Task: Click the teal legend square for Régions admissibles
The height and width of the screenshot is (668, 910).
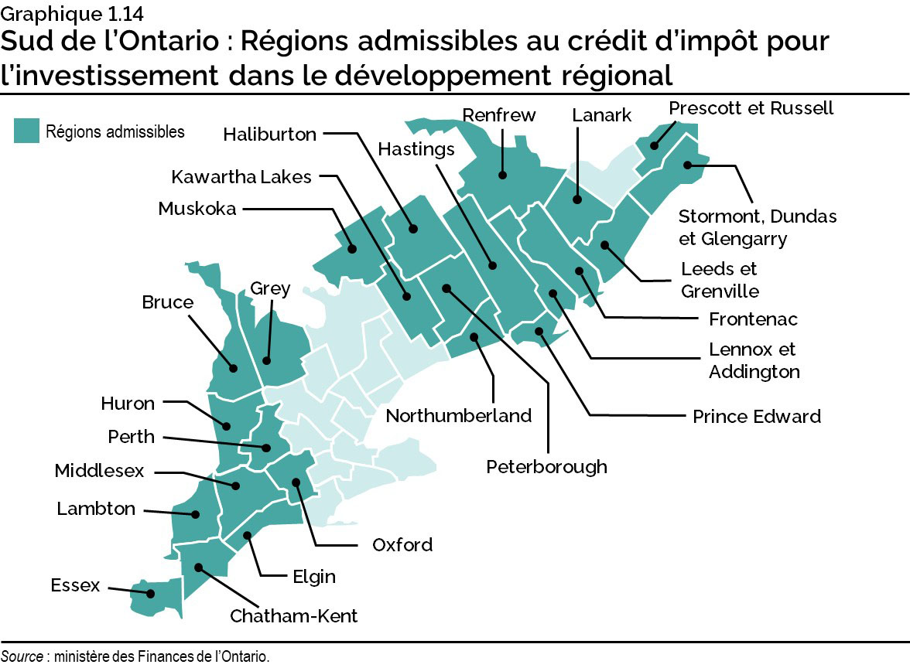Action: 26,131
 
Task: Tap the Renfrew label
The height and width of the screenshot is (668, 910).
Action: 498,116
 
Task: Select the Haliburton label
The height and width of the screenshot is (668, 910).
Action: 269,135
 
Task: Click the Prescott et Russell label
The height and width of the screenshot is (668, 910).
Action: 751,108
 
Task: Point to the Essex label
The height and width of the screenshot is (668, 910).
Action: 75,585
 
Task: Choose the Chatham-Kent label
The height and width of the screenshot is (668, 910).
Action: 293,616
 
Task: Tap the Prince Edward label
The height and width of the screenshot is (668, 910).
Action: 756,417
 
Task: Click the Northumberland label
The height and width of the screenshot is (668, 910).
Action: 458,416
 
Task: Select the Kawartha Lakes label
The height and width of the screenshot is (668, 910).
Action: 241,177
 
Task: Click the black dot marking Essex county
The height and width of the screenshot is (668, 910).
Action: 151,594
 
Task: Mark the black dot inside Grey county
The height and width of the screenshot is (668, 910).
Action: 266,360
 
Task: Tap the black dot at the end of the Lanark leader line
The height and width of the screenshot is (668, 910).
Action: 577,199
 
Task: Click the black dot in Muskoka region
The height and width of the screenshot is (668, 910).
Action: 352,249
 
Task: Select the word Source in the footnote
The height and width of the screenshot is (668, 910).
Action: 21,656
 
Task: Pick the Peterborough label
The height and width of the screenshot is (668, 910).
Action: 546,467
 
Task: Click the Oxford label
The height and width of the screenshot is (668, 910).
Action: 402,545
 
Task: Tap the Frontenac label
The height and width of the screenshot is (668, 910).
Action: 752,319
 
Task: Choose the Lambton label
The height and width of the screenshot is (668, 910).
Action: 96,509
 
